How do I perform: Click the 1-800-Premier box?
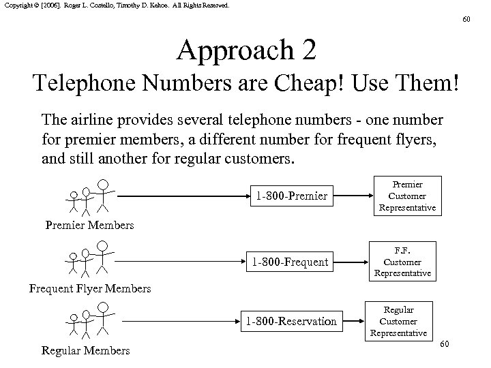click(x=292, y=197)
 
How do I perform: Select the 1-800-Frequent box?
click(x=291, y=261)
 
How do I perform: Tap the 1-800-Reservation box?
click(x=291, y=320)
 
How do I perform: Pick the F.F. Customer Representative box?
click(x=402, y=261)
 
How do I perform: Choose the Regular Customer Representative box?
click(x=398, y=321)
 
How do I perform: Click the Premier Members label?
click(x=89, y=224)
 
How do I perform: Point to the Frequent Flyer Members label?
click(x=90, y=288)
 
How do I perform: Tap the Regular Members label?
click(x=85, y=350)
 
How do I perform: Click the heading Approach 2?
click(x=245, y=51)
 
